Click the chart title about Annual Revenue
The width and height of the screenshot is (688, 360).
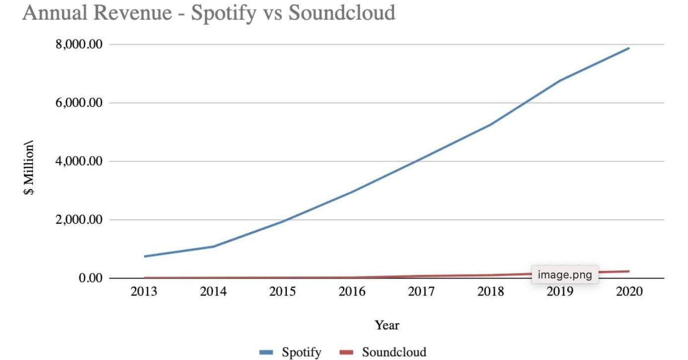pos(209,13)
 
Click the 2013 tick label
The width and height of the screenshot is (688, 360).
pos(144,291)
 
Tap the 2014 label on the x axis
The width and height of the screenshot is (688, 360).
pos(213,291)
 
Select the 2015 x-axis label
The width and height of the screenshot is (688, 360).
pos(282,291)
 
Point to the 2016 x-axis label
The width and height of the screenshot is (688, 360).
pos(352,291)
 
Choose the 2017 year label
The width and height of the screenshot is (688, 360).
pos(421,291)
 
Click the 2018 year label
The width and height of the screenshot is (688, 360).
pos(491,291)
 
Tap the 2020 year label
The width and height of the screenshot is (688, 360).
pos(629,291)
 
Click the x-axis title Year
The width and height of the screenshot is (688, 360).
pos(387,325)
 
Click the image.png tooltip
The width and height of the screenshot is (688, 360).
pos(565,274)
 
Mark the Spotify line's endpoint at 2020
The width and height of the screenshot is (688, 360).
pos(629,48)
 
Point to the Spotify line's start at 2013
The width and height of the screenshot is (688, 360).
pos(144,257)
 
